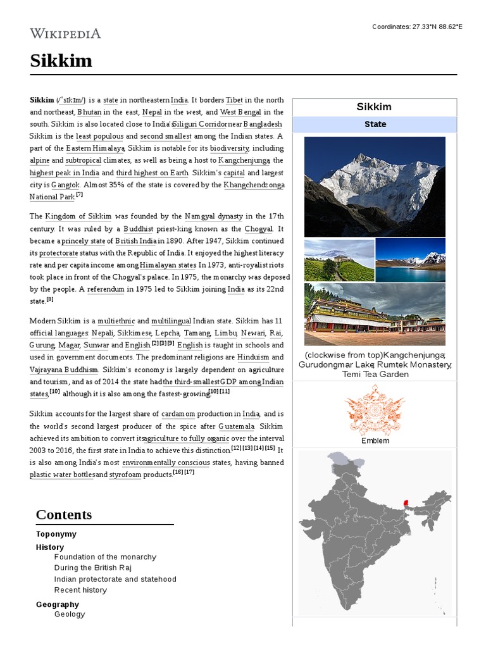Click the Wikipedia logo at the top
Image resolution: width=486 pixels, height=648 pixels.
[x=65, y=34]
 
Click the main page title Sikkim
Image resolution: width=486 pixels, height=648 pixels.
[x=61, y=61]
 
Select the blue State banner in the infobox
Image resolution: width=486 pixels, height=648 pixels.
[x=375, y=124]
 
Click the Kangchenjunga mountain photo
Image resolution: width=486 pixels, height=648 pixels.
[x=375, y=187]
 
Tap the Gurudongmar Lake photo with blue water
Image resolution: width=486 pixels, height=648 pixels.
[x=410, y=259]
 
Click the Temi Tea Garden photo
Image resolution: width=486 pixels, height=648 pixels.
[x=339, y=260]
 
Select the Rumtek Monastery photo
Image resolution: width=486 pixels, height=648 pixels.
[x=375, y=314]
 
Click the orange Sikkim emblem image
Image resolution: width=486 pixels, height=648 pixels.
[x=375, y=411]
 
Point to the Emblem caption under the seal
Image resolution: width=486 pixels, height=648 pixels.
[x=375, y=441]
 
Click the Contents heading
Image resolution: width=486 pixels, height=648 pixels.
[x=64, y=514]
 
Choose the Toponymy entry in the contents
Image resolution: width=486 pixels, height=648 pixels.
[x=56, y=534]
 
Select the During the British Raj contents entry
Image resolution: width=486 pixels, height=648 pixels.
[x=92, y=568]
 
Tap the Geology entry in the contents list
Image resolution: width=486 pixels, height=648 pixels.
[x=70, y=614]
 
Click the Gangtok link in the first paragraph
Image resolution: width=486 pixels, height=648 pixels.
[x=65, y=185]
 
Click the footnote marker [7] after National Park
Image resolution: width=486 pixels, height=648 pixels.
[x=79, y=195]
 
